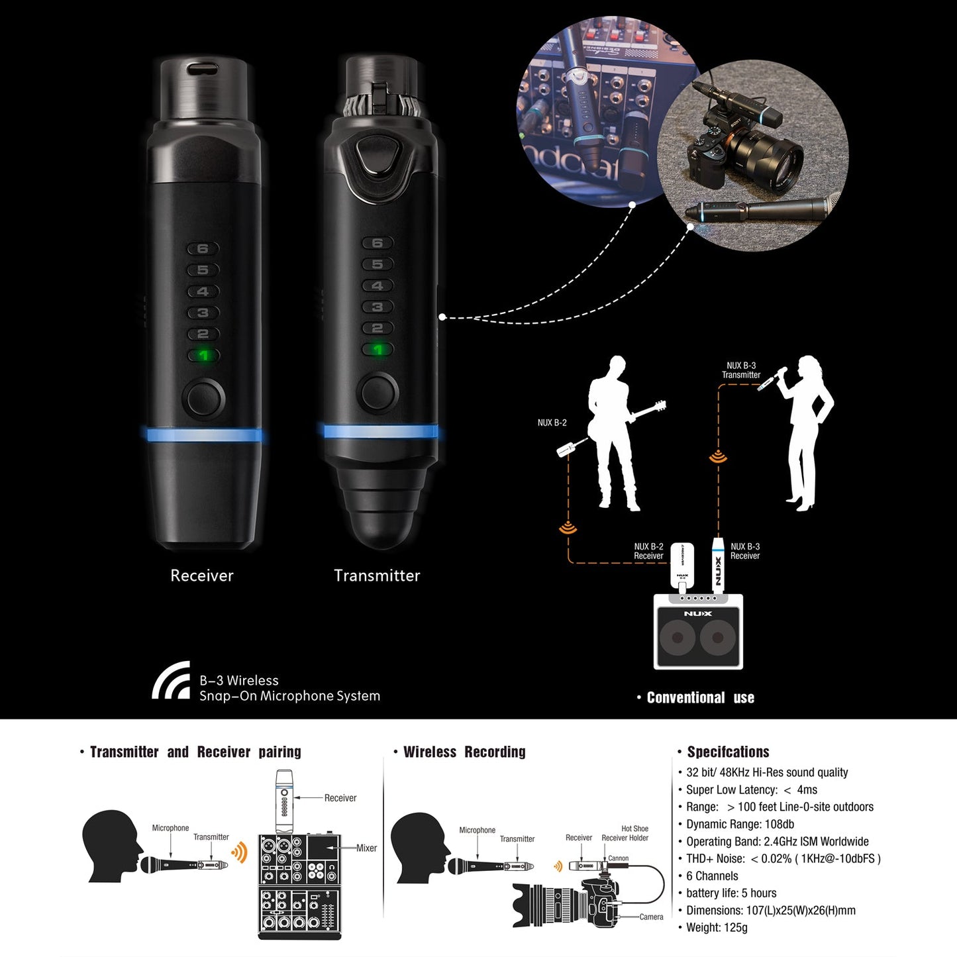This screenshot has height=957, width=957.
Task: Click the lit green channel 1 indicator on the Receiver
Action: (203, 356)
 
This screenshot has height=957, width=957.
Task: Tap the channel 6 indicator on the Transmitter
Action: (378, 243)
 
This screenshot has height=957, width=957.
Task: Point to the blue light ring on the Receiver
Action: (203, 435)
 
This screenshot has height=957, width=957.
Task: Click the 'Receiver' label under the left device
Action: (202, 576)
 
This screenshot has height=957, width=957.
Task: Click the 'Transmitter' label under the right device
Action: (377, 576)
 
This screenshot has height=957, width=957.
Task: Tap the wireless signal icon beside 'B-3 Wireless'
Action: (172, 681)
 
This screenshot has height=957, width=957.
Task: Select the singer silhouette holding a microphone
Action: (807, 430)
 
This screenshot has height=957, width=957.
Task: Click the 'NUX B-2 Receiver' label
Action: (648, 551)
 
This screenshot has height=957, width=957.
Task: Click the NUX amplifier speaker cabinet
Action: (698, 632)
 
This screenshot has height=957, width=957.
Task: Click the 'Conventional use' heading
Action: (700, 697)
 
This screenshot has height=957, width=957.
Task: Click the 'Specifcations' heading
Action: (728, 752)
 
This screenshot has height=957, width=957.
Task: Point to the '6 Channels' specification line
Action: (712, 876)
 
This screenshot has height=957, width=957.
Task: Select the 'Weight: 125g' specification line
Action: (717, 927)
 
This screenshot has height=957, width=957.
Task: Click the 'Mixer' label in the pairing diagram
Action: (366, 848)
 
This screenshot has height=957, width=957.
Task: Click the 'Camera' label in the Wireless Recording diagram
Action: (651, 917)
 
